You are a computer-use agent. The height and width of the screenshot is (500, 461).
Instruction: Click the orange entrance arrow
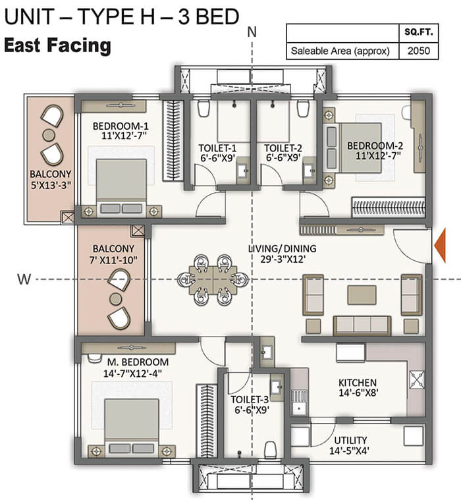tap(441, 246)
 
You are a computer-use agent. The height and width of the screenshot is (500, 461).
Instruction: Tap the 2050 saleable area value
tap(419, 51)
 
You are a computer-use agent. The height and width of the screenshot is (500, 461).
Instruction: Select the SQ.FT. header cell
tap(419, 32)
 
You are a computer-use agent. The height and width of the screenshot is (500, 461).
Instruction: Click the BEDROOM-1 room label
tap(121, 126)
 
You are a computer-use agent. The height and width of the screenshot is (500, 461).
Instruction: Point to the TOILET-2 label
tap(283, 148)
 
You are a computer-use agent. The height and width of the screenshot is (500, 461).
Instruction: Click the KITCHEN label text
tap(358, 383)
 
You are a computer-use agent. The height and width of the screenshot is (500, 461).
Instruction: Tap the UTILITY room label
tap(350, 440)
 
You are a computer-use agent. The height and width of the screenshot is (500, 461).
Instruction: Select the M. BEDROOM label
tap(138, 362)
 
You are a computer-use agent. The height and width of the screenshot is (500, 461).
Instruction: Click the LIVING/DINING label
tap(282, 248)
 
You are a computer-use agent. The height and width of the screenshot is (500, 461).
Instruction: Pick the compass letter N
tap(252, 32)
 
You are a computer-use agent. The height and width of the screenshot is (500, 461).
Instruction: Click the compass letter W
tap(24, 279)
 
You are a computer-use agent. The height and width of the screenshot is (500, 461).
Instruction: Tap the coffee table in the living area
tap(362, 295)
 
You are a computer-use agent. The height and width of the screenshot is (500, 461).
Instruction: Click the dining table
tap(213, 280)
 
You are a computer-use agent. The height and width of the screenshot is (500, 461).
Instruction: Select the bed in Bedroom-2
tap(352, 148)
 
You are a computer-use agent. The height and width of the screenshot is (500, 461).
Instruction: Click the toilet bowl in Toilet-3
tap(270, 449)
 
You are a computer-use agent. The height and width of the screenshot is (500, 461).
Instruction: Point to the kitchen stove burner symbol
tap(417, 379)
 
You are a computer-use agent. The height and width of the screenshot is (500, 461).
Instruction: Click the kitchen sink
tap(299, 403)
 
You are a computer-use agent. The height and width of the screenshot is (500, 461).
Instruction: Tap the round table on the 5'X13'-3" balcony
tap(49, 135)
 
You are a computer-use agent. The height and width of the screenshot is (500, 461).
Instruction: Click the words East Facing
tap(58, 45)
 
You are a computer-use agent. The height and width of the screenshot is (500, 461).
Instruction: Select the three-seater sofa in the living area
tap(362, 325)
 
